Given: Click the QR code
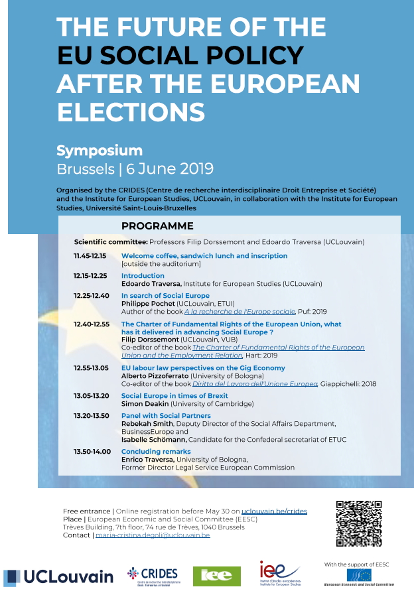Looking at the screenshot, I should [360, 523].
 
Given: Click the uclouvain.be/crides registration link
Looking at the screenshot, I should [274, 511].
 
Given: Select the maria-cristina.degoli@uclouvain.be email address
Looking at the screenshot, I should [153, 535].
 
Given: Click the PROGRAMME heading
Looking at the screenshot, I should [157, 226].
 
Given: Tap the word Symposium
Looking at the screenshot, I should [100, 150].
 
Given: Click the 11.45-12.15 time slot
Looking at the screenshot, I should [90, 255].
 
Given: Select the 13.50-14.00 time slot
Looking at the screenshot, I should [90, 451].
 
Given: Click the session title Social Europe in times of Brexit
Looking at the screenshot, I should [174, 395].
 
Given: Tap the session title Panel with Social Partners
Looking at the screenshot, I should [165, 415].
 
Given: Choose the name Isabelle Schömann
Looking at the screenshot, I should [154, 439].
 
